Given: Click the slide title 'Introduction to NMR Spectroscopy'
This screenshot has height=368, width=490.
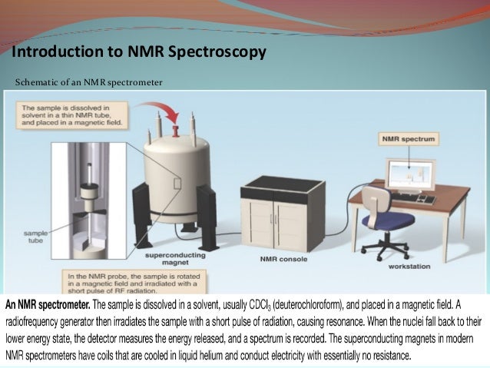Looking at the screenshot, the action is pos(138,52).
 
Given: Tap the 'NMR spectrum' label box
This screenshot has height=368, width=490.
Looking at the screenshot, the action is pos(407,140).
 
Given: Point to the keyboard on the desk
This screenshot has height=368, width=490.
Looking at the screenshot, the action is pos(418,199).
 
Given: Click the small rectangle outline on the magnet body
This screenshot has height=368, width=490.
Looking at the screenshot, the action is pos(178,184).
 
